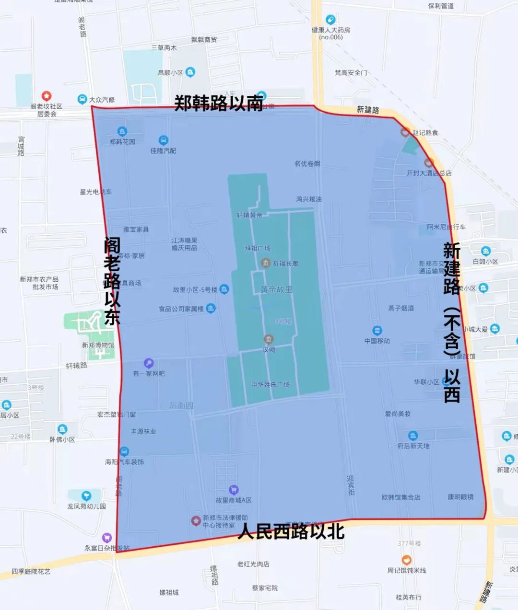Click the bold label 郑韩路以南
[x=218, y=103]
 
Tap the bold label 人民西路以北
[x=291, y=531]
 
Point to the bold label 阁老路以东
[x=112, y=282]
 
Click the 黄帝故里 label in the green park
[x=276, y=289]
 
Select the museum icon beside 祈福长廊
[x=265, y=263]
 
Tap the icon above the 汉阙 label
[x=269, y=340]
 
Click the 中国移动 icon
[x=377, y=331]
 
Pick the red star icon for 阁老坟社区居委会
[x=47, y=96]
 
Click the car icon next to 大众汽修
[x=82, y=100]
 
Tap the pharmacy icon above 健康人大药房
[x=330, y=20]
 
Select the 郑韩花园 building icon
[x=122, y=131]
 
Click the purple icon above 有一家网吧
[x=149, y=363]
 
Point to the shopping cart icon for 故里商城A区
[x=234, y=490]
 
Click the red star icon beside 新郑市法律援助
[x=196, y=521]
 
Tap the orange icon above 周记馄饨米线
[x=406, y=560]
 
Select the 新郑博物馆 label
[x=98, y=345]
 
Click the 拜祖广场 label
[x=258, y=248]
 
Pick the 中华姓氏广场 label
[x=271, y=384]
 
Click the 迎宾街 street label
[x=352, y=485]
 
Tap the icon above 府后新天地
[x=413, y=436]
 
